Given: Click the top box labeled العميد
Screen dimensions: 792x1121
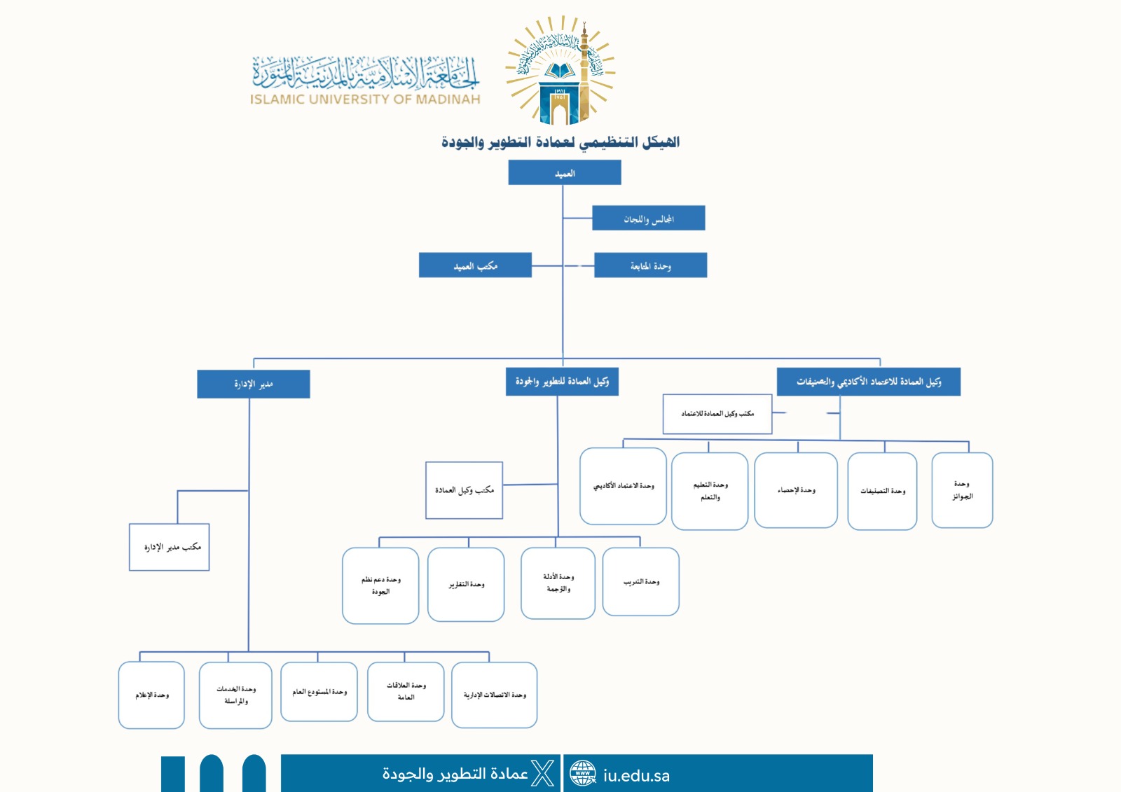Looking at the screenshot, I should point(565,172).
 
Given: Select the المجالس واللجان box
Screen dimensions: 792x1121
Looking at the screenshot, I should point(648,218).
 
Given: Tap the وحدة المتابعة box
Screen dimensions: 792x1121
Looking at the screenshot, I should point(650,265).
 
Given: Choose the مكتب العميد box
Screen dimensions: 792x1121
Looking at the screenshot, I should point(475,265).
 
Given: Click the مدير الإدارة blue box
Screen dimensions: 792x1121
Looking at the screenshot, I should point(253,384).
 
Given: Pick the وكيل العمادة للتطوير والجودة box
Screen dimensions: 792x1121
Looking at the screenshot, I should point(562,382).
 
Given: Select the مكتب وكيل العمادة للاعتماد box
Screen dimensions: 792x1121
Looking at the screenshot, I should point(717,414).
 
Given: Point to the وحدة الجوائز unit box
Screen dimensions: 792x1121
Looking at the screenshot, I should point(962,489).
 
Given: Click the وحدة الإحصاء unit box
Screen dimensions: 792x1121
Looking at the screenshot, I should point(796,489).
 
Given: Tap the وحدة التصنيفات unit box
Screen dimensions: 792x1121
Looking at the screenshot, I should point(882,491).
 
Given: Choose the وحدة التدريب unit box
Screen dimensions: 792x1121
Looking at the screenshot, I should point(640,581).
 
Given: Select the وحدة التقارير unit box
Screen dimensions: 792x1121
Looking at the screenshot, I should point(466,584).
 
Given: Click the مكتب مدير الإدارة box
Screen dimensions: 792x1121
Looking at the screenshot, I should point(170,547).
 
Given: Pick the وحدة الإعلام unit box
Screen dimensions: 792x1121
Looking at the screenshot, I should point(151,695).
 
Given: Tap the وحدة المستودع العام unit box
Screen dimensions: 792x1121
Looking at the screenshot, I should point(319,692).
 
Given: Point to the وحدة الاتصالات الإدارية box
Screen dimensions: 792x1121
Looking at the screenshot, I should point(494,695).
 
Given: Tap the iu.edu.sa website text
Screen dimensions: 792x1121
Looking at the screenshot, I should point(636,775).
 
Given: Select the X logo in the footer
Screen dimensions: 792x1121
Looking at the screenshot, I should point(543,773).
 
